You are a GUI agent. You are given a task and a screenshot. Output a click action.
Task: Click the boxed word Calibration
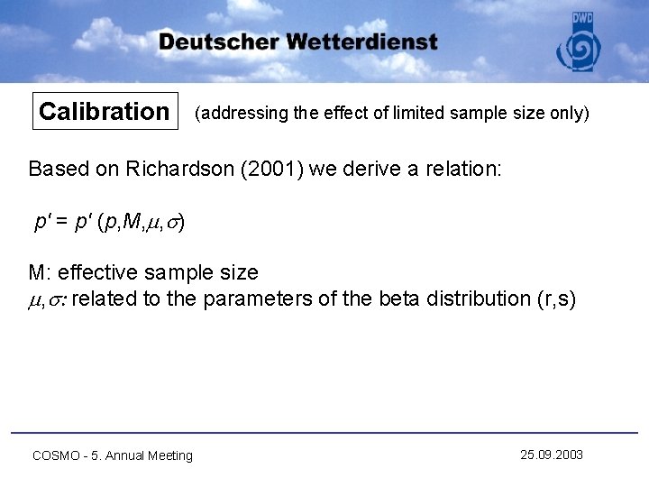104,112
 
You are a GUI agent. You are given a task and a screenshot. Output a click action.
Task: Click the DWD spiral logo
582,50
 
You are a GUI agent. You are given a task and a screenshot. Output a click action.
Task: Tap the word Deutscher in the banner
219,42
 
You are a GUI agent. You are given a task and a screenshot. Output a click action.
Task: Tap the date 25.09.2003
552,455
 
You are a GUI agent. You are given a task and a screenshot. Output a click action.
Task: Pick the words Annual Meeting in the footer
149,455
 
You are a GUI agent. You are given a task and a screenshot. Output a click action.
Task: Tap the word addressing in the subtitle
239,114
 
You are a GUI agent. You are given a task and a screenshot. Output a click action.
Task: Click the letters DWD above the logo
582,19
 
